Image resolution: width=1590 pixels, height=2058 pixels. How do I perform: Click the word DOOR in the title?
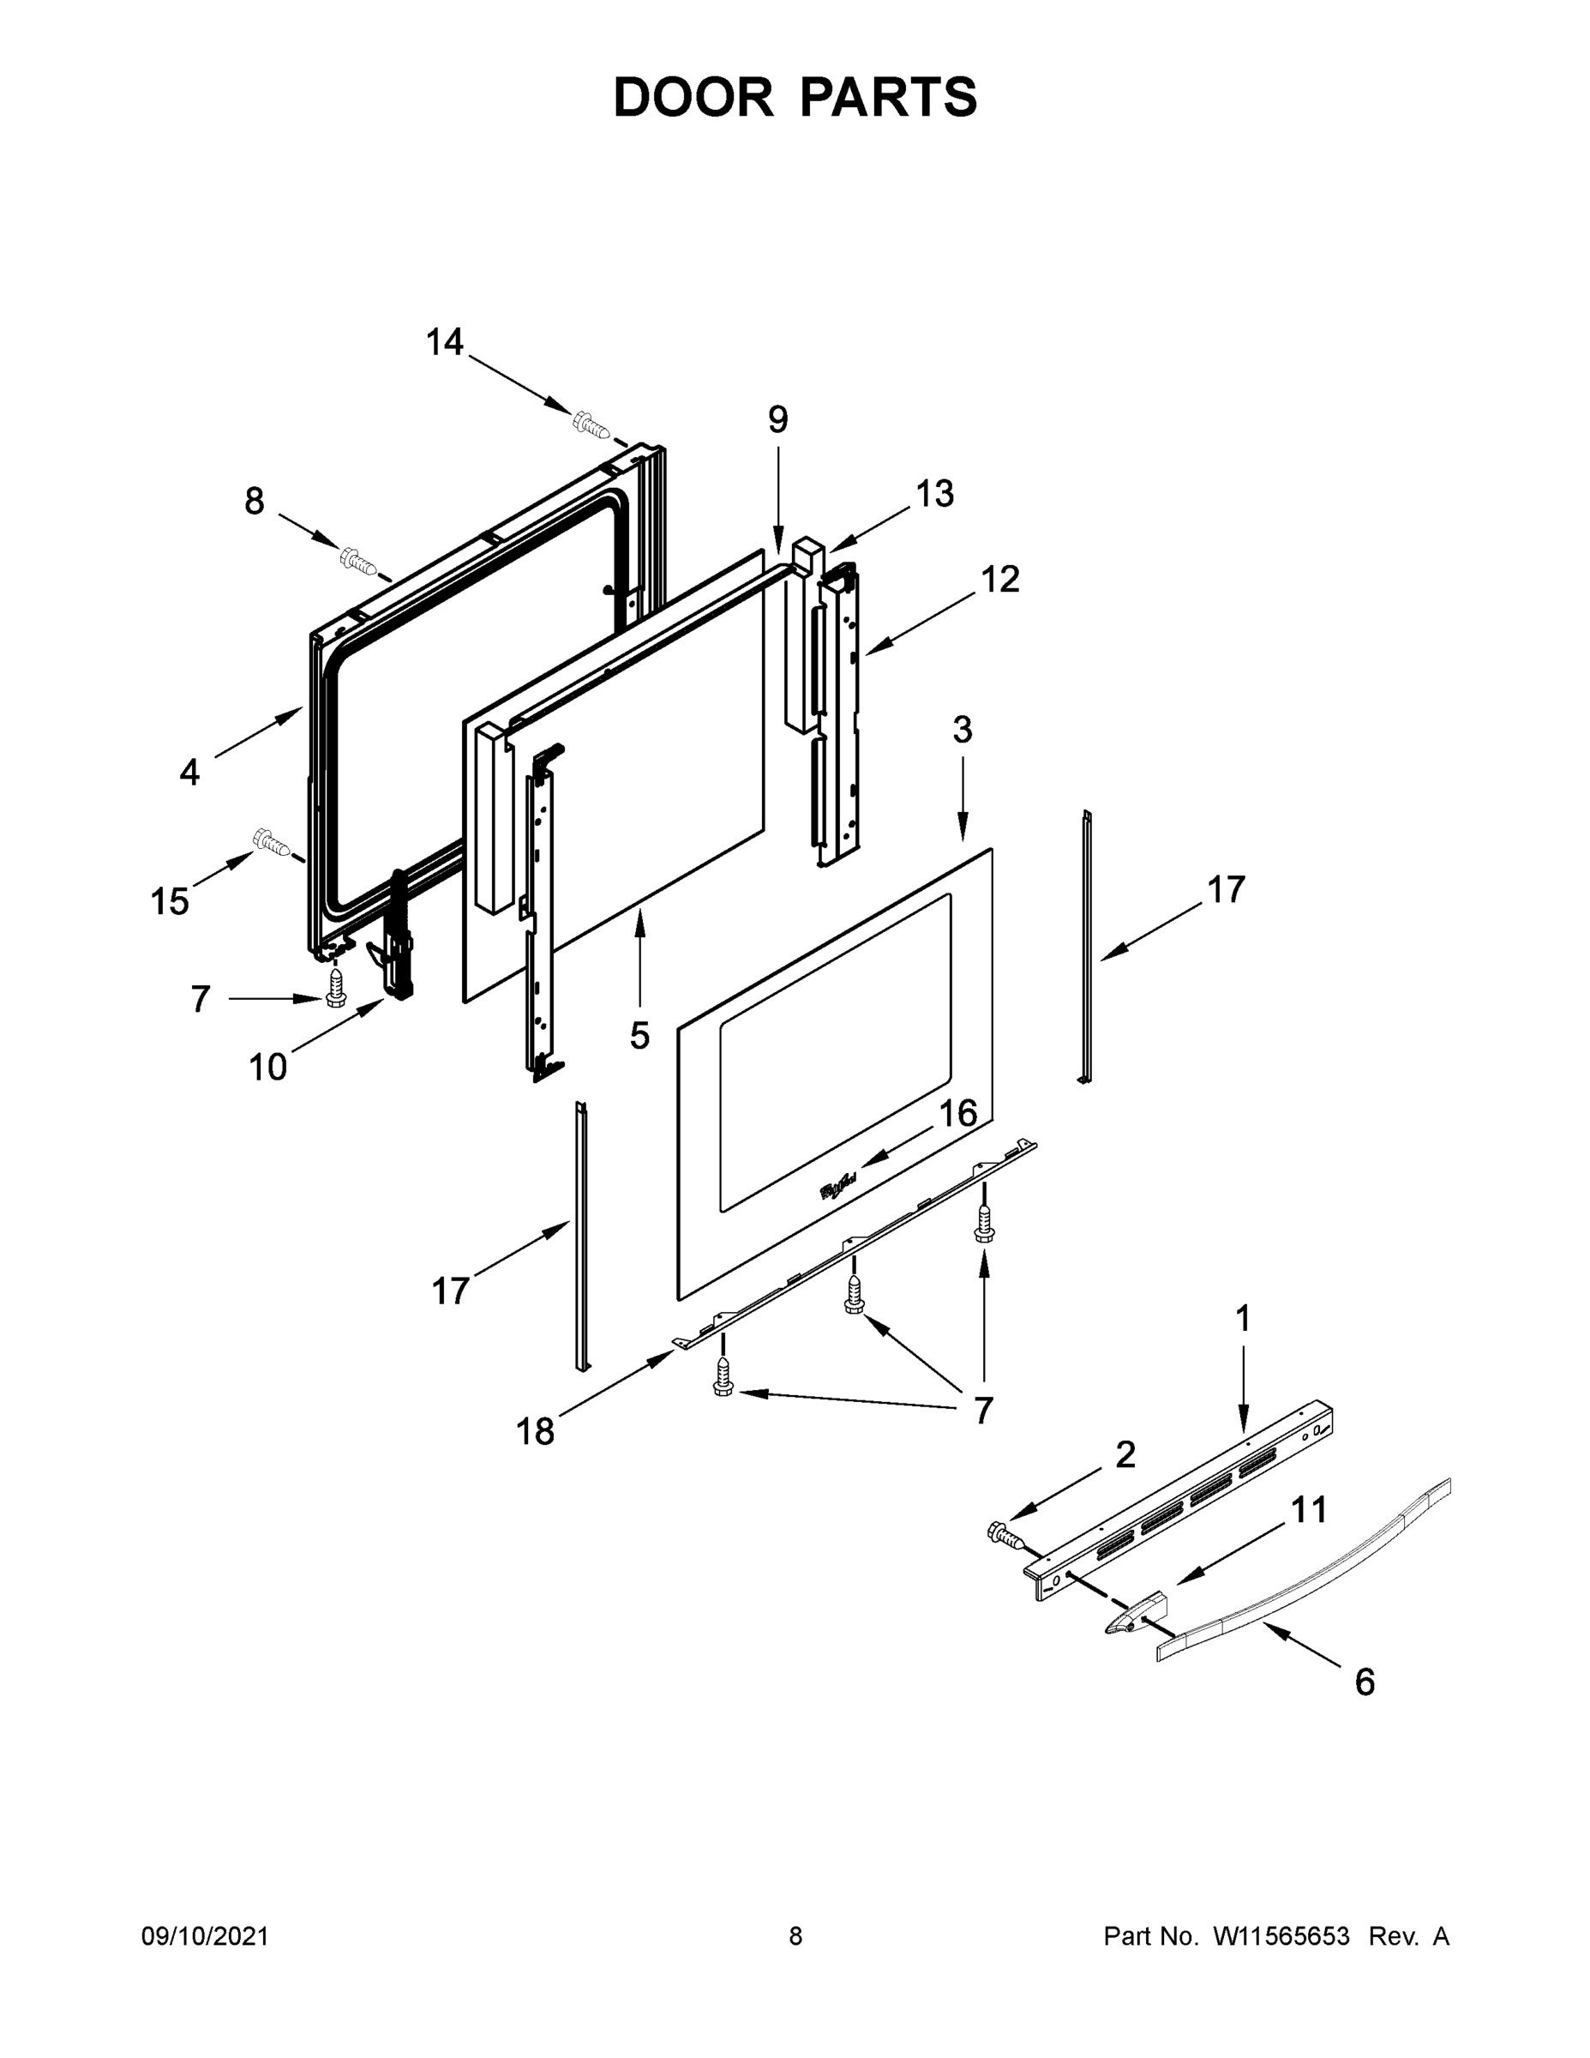click(693, 97)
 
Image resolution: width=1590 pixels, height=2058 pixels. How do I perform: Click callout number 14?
click(445, 342)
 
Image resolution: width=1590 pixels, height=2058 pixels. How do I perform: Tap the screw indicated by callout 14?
click(591, 425)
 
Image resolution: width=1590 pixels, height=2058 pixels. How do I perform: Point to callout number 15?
click(170, 902)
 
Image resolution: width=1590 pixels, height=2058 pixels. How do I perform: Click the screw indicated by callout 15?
click(270, 841)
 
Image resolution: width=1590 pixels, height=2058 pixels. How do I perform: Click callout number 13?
click(934, 493)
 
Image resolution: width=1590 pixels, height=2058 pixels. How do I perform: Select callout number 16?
click(958, 1113)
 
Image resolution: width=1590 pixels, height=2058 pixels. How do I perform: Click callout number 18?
click(534, 1431)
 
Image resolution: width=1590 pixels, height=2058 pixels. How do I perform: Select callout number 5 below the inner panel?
click(639, 1036)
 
